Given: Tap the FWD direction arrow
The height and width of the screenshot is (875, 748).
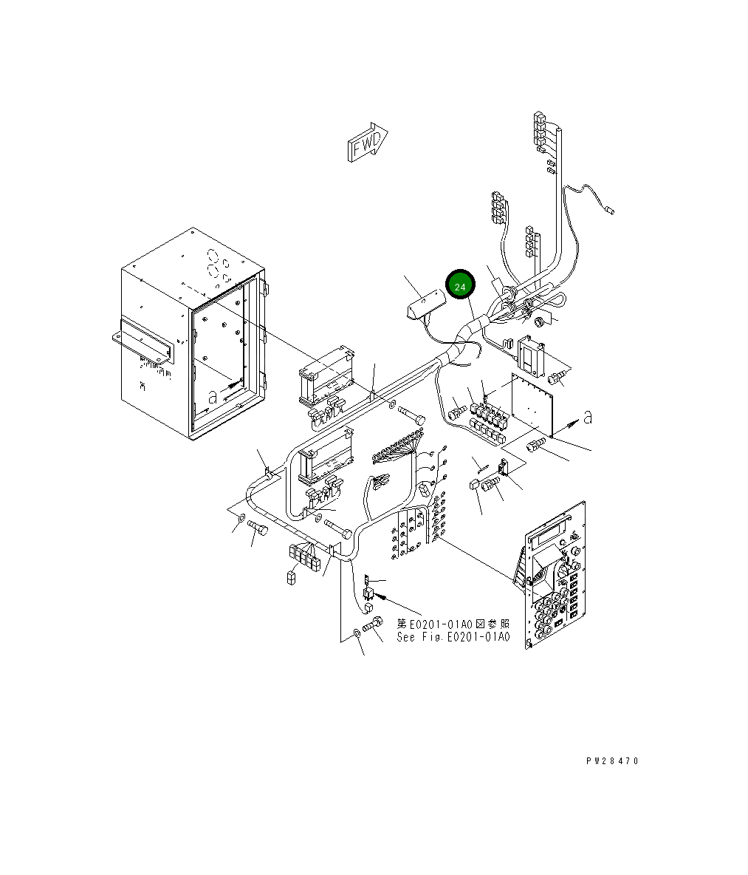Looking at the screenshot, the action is coord(367,143).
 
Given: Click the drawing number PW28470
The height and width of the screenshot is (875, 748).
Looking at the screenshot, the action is coord(612,760).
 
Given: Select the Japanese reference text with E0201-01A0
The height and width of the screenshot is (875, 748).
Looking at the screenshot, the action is coord(453,623).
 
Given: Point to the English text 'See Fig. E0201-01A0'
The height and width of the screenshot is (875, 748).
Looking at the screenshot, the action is coord(453,637).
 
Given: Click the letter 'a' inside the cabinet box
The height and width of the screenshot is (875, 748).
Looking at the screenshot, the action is coord(212,398).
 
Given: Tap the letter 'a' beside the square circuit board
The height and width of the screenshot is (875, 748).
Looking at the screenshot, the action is coord(588,417).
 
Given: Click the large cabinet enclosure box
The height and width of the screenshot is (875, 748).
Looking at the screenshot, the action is coord(192,334).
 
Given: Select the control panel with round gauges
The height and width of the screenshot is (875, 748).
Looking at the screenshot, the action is coord(555,576).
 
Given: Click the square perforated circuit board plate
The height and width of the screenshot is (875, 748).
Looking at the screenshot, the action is coord(532,404).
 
